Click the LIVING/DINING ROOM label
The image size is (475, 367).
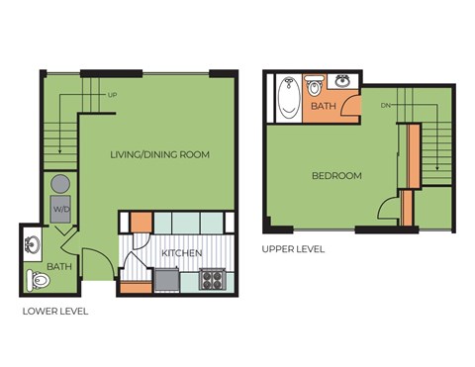coord(159,154)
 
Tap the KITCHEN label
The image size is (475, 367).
coord(182,253)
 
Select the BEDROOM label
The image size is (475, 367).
coord(336,176)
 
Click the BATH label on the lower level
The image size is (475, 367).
coord(59,266)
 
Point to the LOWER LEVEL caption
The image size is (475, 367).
coord(55,311)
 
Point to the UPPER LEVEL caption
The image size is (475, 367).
coord(293,249)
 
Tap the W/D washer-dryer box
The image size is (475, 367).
coord(61,209)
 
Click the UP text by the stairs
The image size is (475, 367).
coord(112,95)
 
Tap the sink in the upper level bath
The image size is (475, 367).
coord(342,80)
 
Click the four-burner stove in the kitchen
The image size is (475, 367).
coord(213,280)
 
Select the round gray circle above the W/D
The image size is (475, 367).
coord(60,183)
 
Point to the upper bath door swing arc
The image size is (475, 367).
coord(348,110)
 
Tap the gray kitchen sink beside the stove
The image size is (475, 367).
coord(166,280)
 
